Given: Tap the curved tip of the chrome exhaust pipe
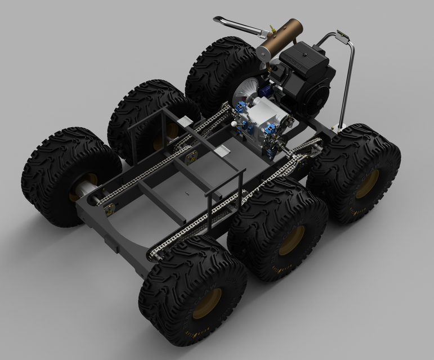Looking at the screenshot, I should (217, 20).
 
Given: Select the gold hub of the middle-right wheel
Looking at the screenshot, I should (292, 240).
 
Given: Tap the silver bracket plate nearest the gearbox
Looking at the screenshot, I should (223, 151).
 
